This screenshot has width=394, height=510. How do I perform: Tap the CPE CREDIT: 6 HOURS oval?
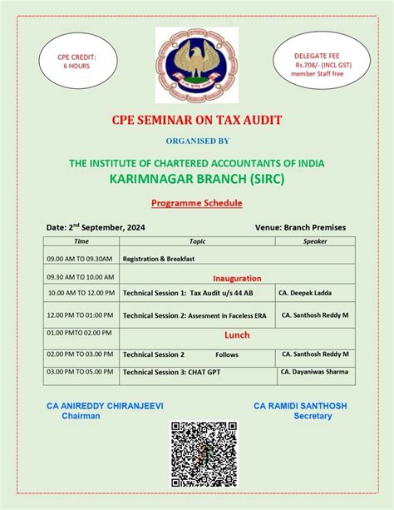(x=77, y=62)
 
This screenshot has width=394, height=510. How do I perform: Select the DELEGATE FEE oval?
(x=317, y=62)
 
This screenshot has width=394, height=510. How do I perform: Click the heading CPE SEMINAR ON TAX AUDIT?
(x=197, y=120)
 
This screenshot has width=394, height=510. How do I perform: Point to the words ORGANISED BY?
(x=197, y=141)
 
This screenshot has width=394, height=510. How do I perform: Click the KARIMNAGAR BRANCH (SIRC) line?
(x=197, y=178)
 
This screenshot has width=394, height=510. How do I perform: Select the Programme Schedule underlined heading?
(x=196, y=203)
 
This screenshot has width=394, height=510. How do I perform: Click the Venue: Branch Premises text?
(x=300, y=227)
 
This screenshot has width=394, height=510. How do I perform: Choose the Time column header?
(x=81, y=241)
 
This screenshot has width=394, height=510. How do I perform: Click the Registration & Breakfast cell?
(x=159, y=259)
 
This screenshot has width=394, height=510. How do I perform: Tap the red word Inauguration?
(x=237, y=278)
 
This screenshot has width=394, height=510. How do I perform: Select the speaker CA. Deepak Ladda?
(x=311, y=293)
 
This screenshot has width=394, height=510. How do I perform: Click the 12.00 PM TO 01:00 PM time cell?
(x=81, y=315)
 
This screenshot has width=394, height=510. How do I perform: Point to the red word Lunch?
(x=237, y=334)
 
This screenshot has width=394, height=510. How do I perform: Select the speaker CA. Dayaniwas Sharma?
(x=315, y=372)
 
